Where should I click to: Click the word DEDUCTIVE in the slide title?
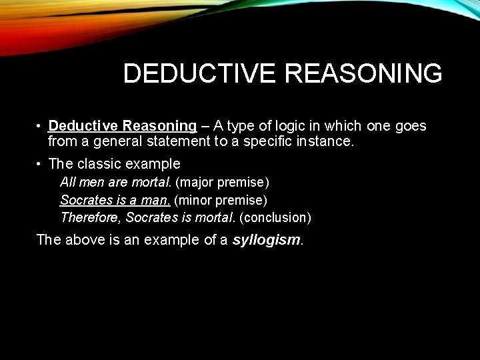point(198,73)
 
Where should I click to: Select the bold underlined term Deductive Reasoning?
point(122,126)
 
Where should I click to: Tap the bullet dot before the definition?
point(40,126)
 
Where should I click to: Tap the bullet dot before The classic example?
point(40,164)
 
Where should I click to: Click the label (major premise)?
point(222,182)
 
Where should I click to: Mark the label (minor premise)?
point(221,200)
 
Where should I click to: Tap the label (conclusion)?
point(275,217)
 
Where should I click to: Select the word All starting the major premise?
point(67,182)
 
